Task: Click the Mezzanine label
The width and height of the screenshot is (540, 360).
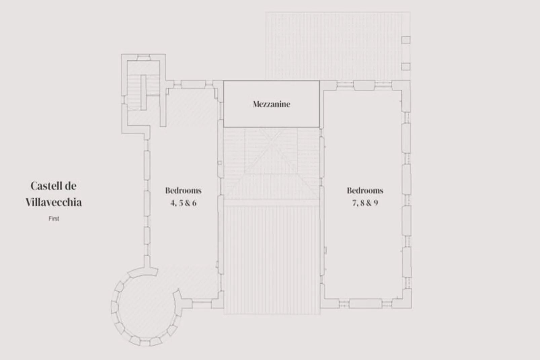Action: pos(271,104)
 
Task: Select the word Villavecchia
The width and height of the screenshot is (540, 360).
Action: pos(54,202)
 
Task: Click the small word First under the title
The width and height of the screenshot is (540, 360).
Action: pos(54,219)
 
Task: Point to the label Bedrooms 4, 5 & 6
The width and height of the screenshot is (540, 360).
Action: pos(183,196)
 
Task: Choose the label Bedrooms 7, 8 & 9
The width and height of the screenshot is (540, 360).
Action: pos(365,196)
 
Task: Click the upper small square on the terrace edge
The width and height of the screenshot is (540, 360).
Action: pos(406,40)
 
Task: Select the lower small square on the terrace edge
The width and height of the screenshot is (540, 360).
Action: pos(406,66)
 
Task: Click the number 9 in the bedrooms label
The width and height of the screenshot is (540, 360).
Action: pos(375,203)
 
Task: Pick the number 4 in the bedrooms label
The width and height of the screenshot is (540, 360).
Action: pos(173,203)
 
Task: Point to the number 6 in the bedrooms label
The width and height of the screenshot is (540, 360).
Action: pos(194,203)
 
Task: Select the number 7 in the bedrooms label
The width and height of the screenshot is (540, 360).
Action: pos(354,203)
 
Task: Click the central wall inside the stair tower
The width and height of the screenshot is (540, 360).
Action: pos(144,92)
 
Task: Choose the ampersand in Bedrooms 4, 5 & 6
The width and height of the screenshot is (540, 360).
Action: pos(187,203)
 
